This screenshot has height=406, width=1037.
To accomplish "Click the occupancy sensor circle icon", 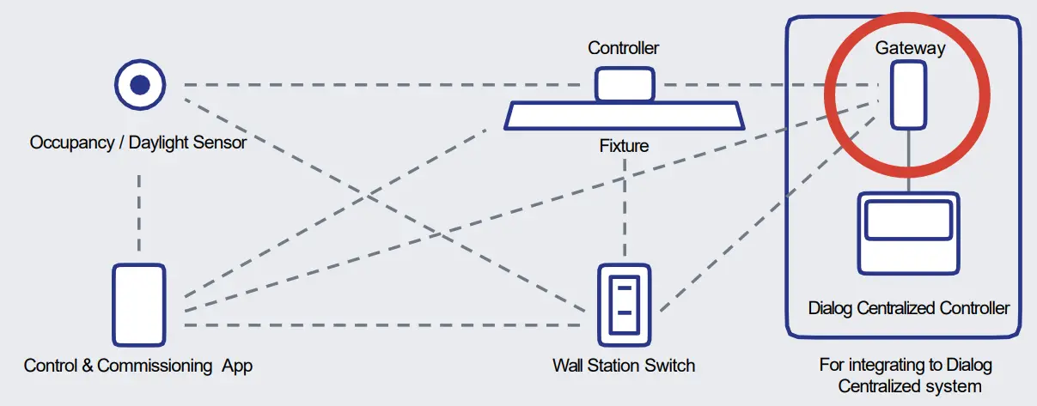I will (140, 85).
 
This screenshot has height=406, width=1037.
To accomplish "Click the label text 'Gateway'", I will (910, 48).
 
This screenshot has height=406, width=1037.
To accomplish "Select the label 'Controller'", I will (623, 48).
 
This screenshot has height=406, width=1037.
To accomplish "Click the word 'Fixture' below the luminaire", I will (624, 147).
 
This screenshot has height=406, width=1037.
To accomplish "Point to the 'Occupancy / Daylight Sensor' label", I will (138, 142).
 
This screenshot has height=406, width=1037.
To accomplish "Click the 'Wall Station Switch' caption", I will (624, 366).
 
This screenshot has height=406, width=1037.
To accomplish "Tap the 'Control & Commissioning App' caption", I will (138, 366).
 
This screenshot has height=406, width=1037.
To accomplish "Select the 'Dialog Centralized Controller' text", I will (909, 307).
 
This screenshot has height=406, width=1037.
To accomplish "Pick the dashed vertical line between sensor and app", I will (139, 209).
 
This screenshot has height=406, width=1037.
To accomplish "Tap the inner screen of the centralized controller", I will (909, 220).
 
